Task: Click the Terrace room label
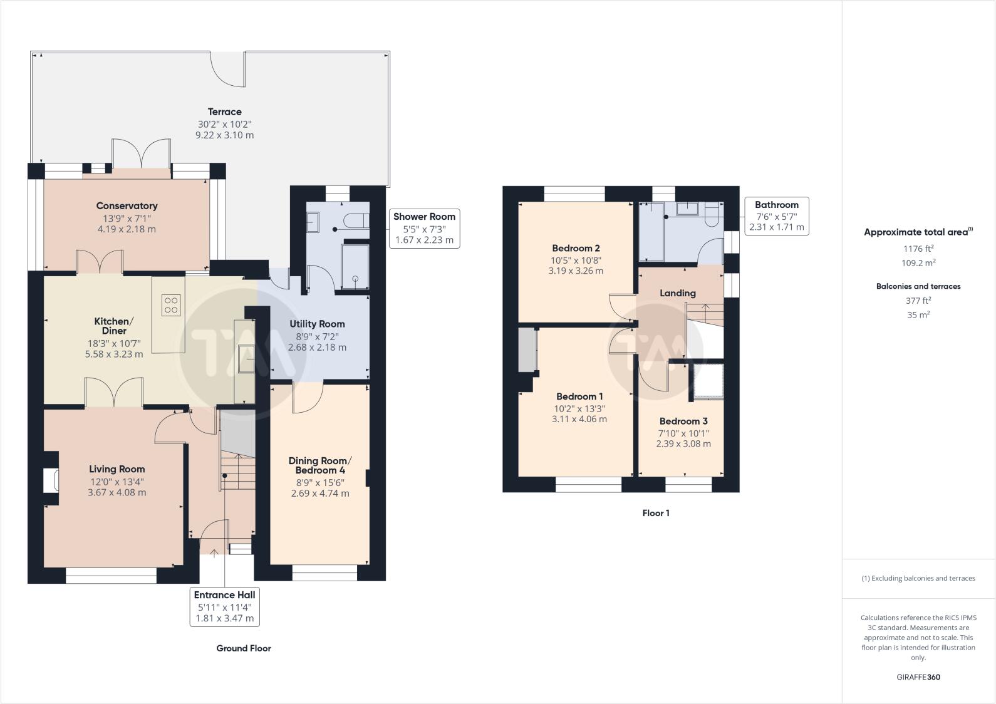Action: (x=224, y=111)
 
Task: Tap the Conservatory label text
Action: (x=127, y=206)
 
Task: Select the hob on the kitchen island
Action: (x=171, y=305)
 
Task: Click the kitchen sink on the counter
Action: (x=246, y=359)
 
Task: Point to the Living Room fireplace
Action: (x=51, y=481)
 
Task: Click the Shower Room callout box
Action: (x=424, y=228)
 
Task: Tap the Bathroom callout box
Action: (x=776, y=216)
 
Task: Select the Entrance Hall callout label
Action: (x=224, y=607)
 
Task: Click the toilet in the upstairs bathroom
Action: (x=712, y=214)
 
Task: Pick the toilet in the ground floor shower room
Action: (x=356, y=220)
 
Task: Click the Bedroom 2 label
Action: (x=576, y=248)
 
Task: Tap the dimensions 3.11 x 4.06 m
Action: (x=579, y=419)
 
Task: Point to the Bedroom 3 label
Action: (x=683, y=421)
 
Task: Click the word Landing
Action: (x=678, y=293)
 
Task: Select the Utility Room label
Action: (x=317, y=324)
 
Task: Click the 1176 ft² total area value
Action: (x=918, y=248)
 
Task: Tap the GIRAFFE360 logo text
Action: (x=918, y=677)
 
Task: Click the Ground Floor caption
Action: (x=244, y=648)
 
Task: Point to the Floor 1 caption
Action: (x=656, y=513)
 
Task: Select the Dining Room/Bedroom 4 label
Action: (x=320, y=465)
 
